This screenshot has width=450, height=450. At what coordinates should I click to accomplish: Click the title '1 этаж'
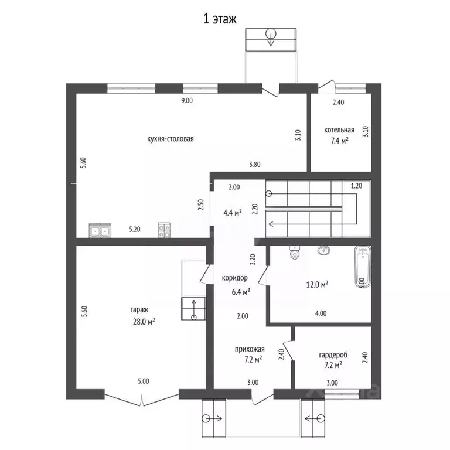(x=220, y=19)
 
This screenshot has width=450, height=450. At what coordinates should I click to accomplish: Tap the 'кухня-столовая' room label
(x=171, y=139)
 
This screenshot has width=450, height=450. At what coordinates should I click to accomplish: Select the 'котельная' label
(x=339, y=130)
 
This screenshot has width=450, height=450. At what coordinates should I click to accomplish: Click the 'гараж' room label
(x=139, y=310)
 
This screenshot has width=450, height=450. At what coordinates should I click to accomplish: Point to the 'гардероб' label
(x=333, y=355)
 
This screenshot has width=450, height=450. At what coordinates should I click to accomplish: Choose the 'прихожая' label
(x=250, y=350)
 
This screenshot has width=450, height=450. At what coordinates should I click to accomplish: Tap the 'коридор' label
(x=235, y=278)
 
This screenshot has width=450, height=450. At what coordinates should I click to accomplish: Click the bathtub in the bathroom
(x=363, y=266)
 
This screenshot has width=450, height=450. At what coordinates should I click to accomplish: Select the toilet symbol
(x=295, y=253)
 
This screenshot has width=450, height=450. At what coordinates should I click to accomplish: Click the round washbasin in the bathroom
(x=323, y=250)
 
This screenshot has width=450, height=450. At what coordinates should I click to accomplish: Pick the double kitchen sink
(x=100, y=230)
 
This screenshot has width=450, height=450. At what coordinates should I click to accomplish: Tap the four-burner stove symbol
(x=164, y=230)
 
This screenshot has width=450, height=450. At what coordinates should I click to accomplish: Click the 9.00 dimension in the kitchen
(x=187, y=101)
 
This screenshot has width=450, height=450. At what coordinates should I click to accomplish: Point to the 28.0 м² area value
(x=144, y=322)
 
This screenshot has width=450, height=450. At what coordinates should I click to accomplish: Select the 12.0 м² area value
(x=318, y=285)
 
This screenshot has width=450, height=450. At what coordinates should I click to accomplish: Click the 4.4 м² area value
(x=233, y=213)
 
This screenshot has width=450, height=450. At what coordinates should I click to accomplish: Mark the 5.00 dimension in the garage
(x=144, y=381)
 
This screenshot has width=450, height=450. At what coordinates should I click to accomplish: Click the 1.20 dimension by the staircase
(x=356, y=186)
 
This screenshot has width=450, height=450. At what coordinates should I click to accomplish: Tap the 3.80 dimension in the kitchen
(x=255, y=165)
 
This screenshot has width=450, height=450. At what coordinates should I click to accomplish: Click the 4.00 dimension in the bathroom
(x=321, y=313)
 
